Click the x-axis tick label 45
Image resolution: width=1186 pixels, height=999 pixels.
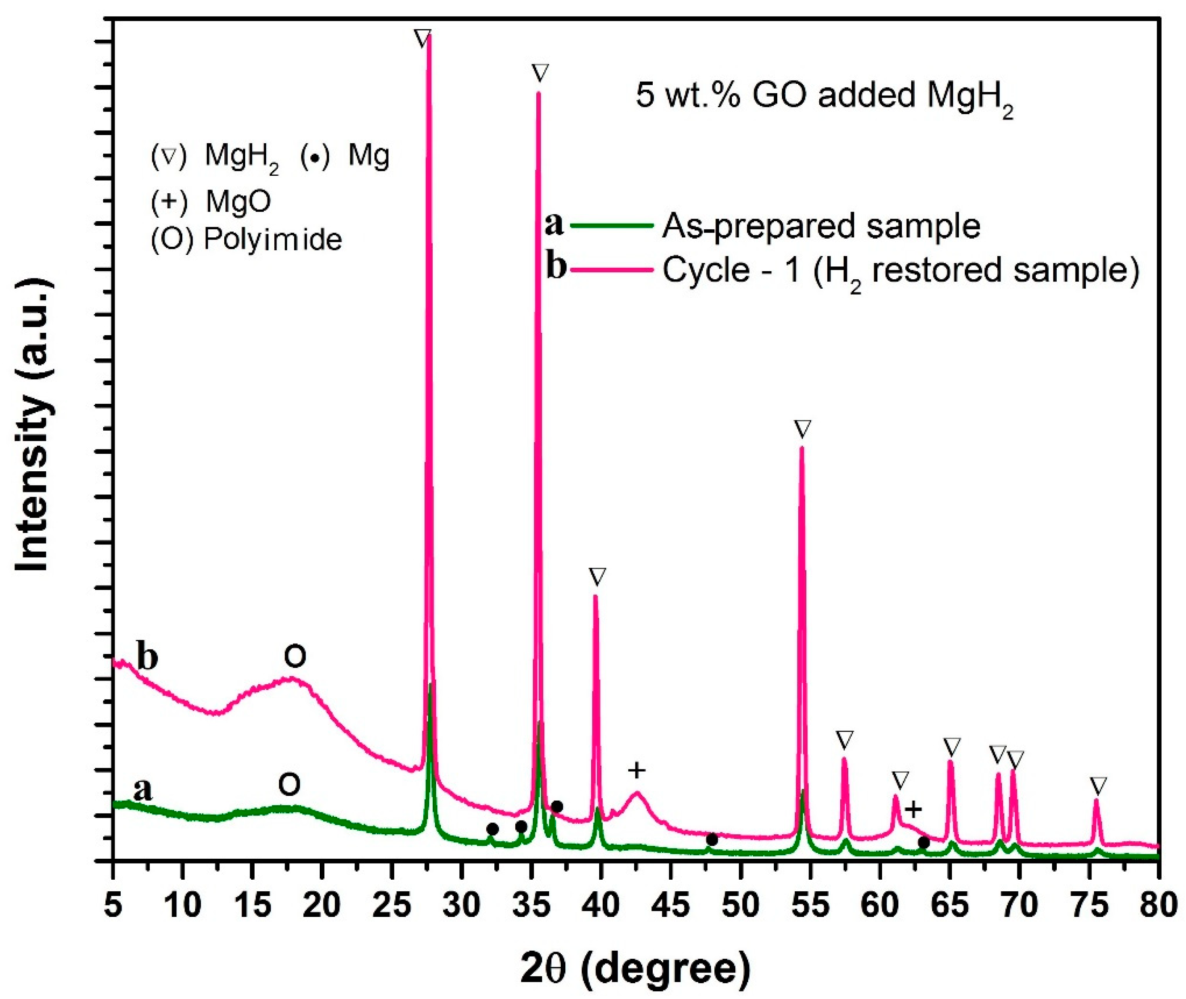pos(671,906)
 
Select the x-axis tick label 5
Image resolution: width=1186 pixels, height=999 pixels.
pos(113,906)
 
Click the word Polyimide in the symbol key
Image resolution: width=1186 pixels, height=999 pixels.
pos(273,240)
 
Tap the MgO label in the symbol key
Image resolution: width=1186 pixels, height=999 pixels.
pos(238,201)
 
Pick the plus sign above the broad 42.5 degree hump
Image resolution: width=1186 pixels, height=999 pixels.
pos(637,770)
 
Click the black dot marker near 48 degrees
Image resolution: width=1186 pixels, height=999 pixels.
pos(712,840)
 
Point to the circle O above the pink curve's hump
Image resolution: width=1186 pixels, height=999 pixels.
pos(294,657)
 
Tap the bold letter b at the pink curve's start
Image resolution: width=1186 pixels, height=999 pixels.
pos(147,657)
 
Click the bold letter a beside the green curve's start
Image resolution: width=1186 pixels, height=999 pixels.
pos(143,789)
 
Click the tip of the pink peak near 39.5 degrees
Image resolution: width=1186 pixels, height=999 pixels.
pos(595,596)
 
